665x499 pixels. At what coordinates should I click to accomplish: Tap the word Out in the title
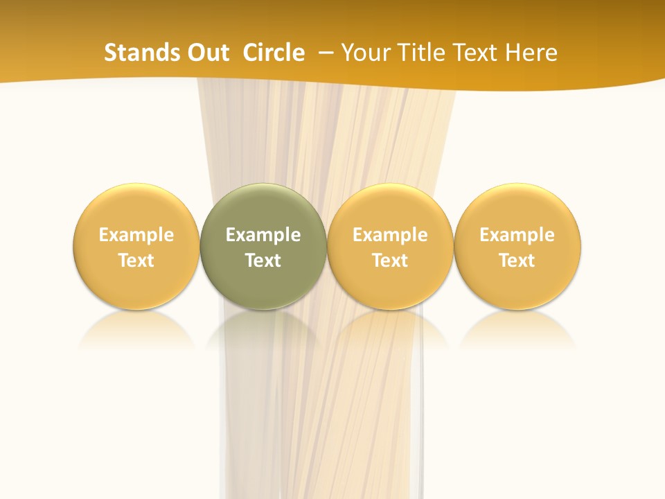(x=206, y=53)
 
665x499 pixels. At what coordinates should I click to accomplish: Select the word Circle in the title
(x=274, y=53)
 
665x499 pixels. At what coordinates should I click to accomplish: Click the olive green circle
(x=263, y=208)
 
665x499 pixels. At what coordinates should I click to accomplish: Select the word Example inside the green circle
(x=263, y=235)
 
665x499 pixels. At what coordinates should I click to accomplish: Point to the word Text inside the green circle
(x=263, y=261)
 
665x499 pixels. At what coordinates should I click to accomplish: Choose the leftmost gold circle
(x=136, y=208)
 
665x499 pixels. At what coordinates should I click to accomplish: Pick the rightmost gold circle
(x=517, y=208)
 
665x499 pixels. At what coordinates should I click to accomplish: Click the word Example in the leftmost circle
(x=136, y=235)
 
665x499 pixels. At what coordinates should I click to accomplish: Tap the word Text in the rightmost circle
(x=517, y=261)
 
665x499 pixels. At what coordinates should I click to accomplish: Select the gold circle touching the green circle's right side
(x=390, y=208)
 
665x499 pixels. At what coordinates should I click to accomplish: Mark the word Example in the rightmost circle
(x=517, y=235)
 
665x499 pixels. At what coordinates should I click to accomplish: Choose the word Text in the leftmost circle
(x=136, y=261)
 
